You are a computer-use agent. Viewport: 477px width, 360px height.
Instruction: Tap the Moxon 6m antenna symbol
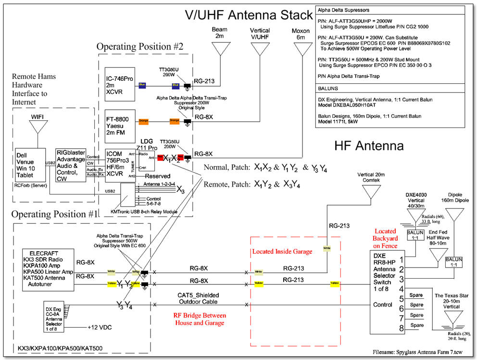pyautogui.click(x=302, y=48)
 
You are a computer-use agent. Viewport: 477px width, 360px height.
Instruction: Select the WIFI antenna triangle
pyautogui.click(x=37, y=127)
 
